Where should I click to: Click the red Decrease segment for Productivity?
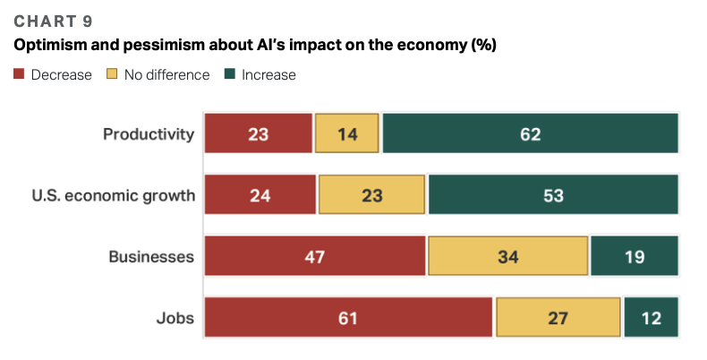pyautogui.click(x=258, y=134)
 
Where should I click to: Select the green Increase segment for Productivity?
pyautogui.click(x=530, y=134)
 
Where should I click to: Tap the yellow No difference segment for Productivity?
pyautogui.click(x=346, y=134)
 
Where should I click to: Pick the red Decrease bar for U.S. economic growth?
pyautogui.click(x=260, y=194)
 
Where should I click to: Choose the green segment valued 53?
pyautogui.click(x=553, y=194)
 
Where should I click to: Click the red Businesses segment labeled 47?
pyautogui.click(x=314, y=256)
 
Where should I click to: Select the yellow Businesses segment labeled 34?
pyautogui.click(x=508, y=256)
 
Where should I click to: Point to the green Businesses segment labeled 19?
pyautogui.click(x=635, y=256)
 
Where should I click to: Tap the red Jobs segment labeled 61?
pyautogui.click(x=348, y=317)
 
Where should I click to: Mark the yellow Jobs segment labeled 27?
pyautogui.click(x=558, y=317)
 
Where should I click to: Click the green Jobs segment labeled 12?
pyautogui.click(x=652, y=317)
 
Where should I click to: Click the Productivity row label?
pyautogui.click(x=149, y=134)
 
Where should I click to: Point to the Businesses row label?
pyautogui.click(x=151, y=256)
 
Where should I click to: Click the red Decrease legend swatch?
pyautogui.click(x=19, y=74)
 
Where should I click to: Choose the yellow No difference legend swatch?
pyautogui.click(x=113, y=74)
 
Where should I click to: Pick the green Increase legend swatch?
pyautogui.click(x=230, y=74)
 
